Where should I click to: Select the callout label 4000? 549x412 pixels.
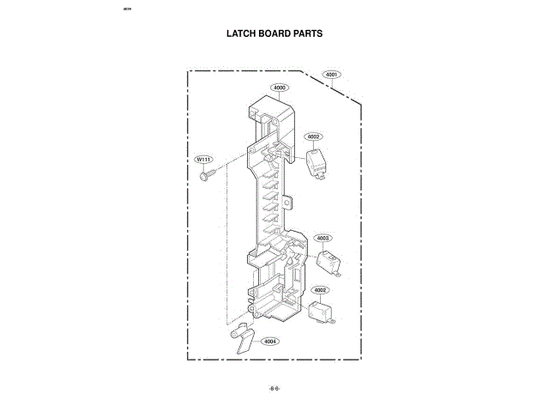[x=280, y=88]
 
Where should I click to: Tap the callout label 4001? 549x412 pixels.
[x=333, y=75]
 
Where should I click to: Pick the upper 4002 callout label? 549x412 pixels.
[x=313, y=136]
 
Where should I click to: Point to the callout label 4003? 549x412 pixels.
[x=323, y=239]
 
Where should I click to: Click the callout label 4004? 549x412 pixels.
[x=270, y=341]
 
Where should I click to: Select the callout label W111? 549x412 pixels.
[x=203, y=160]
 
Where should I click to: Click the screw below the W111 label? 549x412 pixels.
[x=207, y=176]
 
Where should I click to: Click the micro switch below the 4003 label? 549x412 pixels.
[x=327, y=261]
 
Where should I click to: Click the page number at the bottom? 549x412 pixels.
[x=274, y=388]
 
